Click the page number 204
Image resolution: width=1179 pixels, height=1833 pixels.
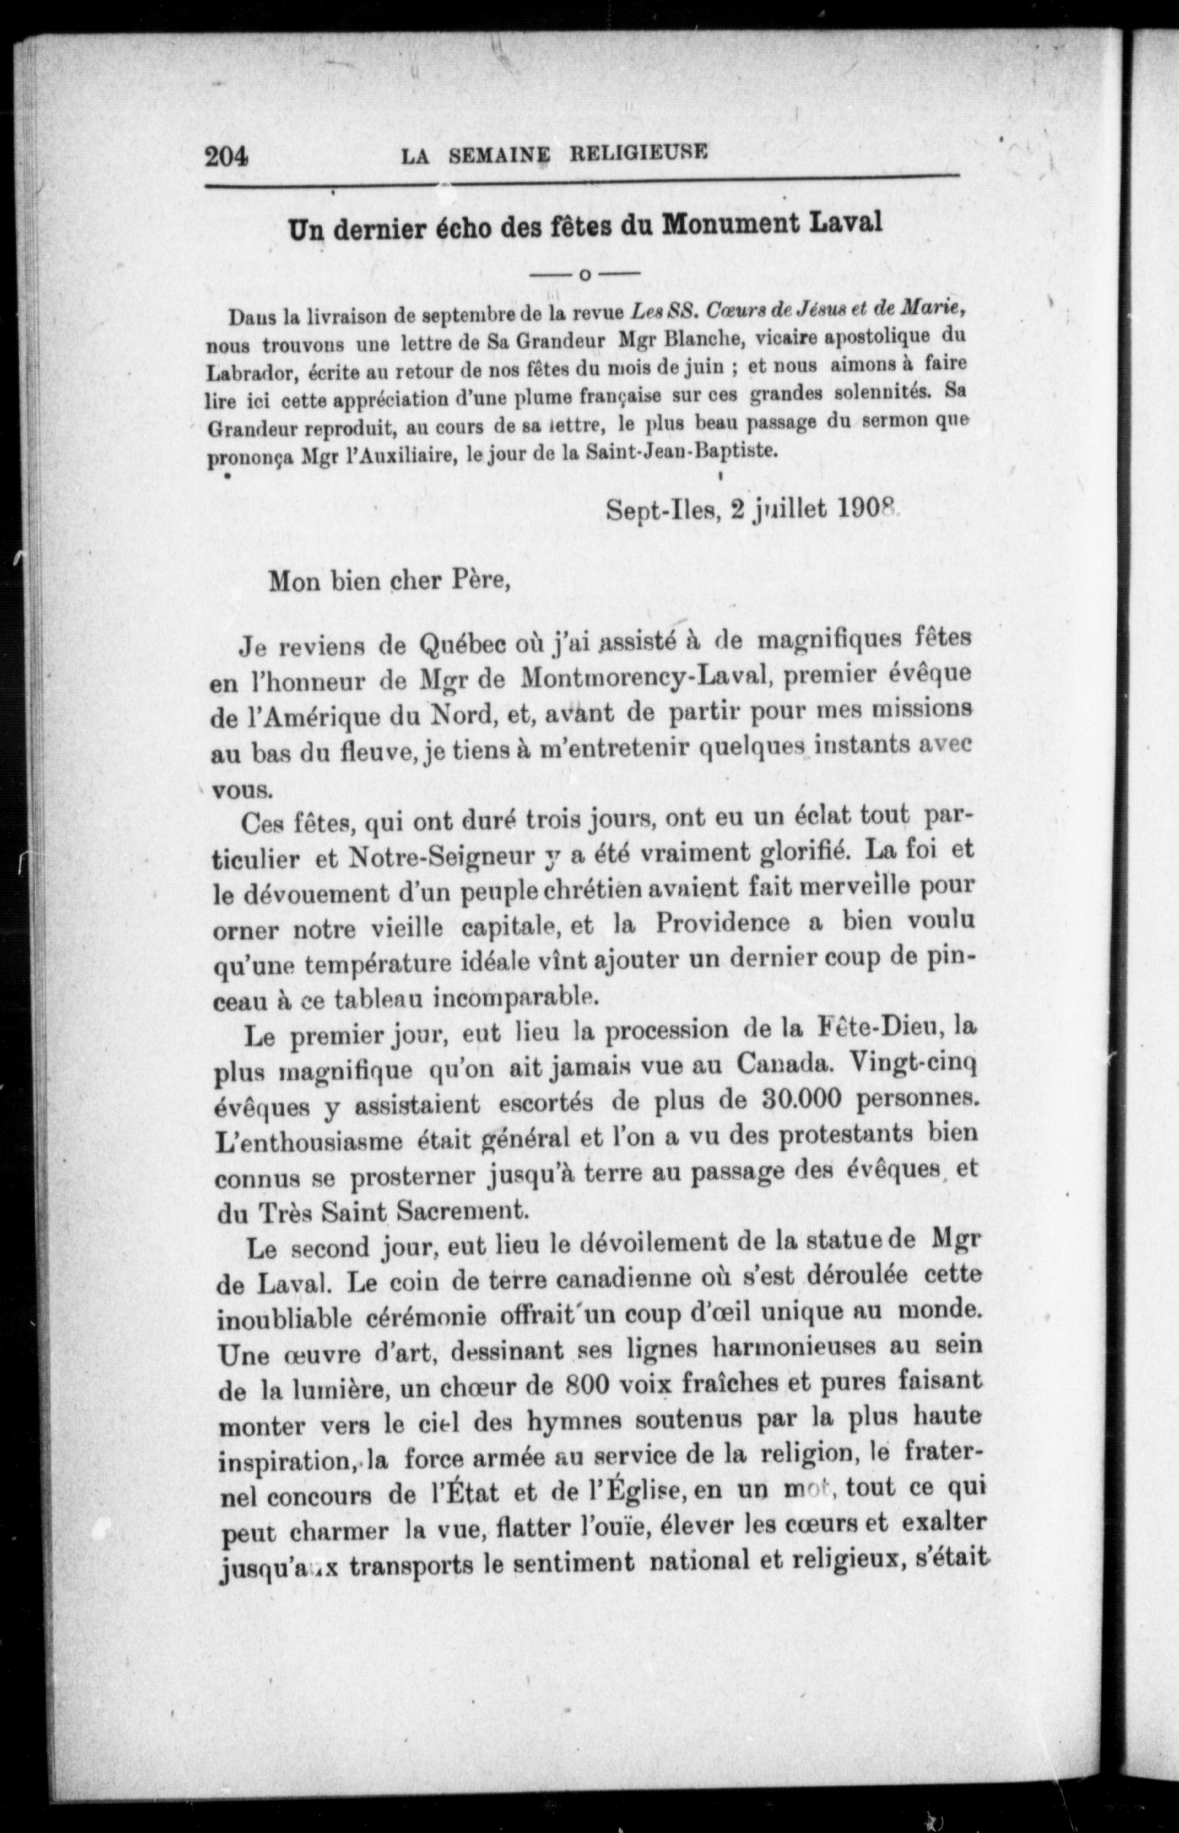coord(227,157)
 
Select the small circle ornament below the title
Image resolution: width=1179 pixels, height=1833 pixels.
coord(585,273)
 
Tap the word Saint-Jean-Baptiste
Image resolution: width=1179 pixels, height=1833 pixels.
coord(678,451)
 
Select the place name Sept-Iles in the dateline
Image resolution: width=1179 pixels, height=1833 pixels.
coord(663,509)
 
